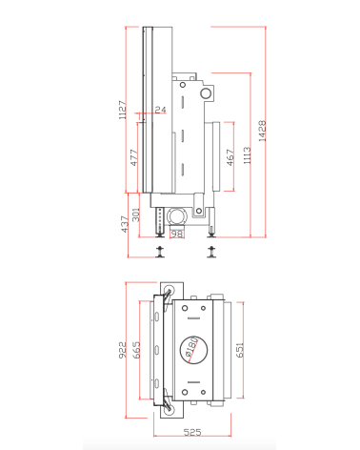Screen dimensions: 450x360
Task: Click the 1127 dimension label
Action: click(122, 111)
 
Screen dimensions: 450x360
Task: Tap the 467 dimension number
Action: click(230, 156)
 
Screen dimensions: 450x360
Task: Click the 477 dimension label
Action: click(133, 157)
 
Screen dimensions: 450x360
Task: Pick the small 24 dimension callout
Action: click(160, 111)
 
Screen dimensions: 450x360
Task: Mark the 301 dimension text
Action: click(135, 215)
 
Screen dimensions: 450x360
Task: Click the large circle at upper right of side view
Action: click(205, 94)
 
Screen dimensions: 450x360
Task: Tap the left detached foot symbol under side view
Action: click(161, 251)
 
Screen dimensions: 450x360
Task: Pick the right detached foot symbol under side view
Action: click(211, 251)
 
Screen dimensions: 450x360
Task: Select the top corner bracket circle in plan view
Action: click(170, 290)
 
